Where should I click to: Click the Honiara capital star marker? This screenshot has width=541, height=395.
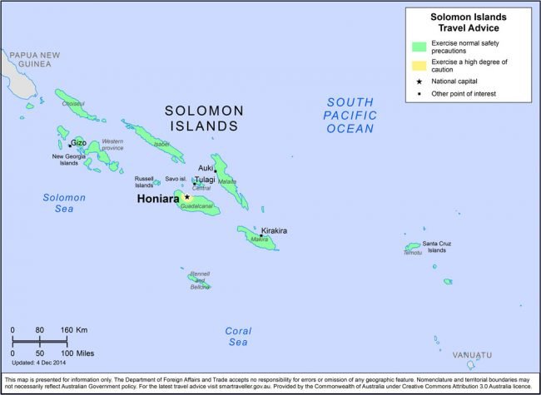(x=187, y=197)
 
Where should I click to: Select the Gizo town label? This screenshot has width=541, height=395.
(x=78, y=142)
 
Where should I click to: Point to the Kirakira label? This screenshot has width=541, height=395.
(x=274, y=230)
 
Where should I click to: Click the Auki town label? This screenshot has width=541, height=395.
(x=206, y=167)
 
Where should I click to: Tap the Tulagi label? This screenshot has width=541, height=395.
(x=205, y=179)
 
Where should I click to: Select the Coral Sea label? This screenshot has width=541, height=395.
(x=238, y=336)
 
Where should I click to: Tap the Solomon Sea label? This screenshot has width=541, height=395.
(x=64, y=203)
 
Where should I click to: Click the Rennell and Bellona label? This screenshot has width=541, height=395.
(x=200, y=279)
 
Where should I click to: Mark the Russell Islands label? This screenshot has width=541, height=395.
(x=144, y=181)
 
